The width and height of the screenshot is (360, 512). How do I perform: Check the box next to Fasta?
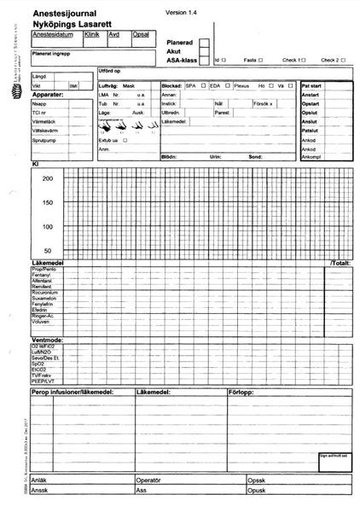[x=260, y=61]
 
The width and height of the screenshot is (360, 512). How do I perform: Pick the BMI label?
[x=73, y=86]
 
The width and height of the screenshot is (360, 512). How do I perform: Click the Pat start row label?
[x=311, y=86]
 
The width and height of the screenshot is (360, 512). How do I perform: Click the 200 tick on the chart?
[x=48, y=178]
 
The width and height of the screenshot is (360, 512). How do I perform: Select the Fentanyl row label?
[x=41, y=274]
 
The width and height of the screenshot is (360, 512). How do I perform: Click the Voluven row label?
[x=40, y=322]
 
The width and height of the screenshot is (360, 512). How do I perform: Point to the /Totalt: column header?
[x=341, y=263]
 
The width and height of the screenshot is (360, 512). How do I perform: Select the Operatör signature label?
[x=149, y=480]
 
